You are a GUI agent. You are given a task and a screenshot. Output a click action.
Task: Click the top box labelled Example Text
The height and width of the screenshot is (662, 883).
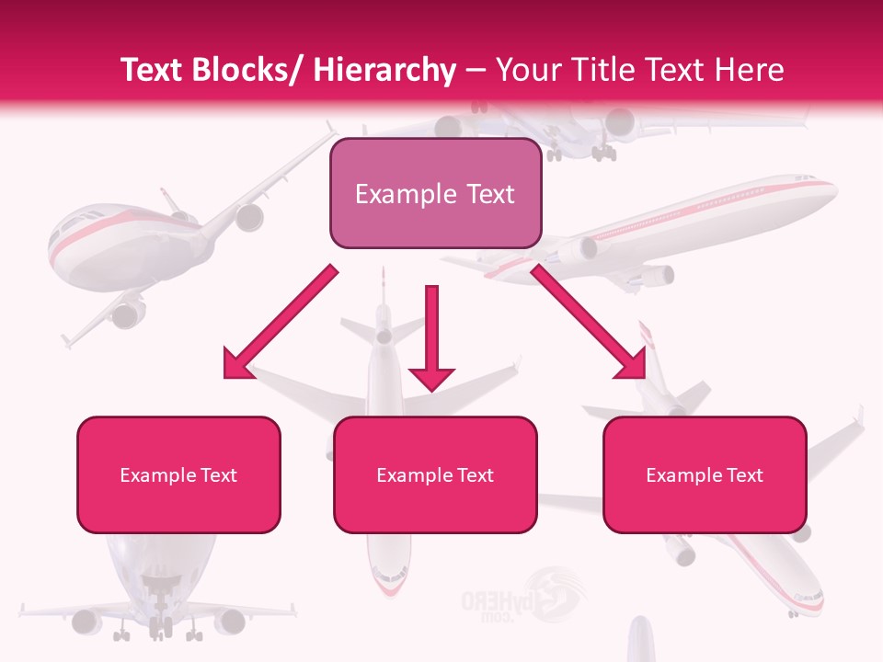(x=435, y=193)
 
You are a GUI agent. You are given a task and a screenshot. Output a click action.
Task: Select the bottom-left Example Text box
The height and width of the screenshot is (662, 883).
(x=178, y=474)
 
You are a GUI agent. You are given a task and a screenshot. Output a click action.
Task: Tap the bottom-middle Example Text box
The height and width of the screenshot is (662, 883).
(x=435, y=474)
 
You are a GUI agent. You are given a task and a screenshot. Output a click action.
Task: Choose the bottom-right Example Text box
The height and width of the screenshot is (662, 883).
(x=705, y=474)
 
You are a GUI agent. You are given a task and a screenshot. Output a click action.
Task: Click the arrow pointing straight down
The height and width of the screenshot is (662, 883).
(x=431, y=340)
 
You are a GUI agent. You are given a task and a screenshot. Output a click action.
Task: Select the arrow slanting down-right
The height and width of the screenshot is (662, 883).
(x=590, y=323)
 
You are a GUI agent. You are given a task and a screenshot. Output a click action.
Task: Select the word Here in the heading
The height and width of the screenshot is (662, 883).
(x=749, y=70)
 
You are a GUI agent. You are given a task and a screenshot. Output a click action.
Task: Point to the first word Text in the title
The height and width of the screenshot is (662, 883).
(x=155, y=70)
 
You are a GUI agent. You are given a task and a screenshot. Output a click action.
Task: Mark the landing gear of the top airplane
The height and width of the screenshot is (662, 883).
(x=602, y=152)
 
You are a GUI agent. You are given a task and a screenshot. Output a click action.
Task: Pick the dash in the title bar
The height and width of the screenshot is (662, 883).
(x=476, y=70)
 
